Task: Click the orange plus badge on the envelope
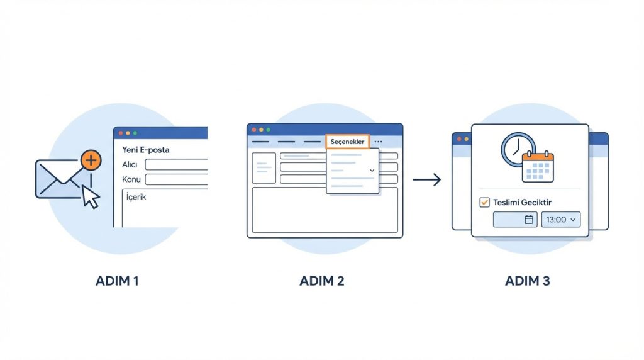pos(91,160)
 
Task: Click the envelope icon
pos(58,179)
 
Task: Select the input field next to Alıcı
pos(176,164)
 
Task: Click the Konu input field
pos(176,179)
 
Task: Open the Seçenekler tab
pos(347,142)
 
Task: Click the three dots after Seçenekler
pos(378,142)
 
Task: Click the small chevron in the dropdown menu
pos(372,171)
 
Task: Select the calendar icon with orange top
pos(538,167)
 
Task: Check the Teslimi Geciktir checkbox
pos(484,202)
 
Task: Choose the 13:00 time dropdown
pos(561,220)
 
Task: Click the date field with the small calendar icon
pos(515,220)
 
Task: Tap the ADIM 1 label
pos(117,281)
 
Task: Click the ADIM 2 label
pos(322,281)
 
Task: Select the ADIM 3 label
pos(528,281)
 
